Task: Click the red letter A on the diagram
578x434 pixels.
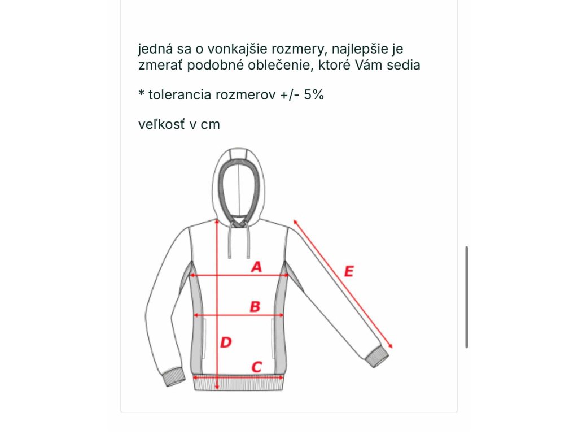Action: click(x=257, y=266)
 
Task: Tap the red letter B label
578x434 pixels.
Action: click(x=255, y=306)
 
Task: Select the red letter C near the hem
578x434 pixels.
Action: click(x=256, y=367)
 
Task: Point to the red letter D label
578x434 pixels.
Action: click(x=226, y=342)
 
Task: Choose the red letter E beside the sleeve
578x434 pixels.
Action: click(x=348, y=271)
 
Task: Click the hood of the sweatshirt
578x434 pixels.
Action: click(x=239, y=181)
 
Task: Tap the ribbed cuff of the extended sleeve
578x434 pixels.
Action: click(x=376, y=357)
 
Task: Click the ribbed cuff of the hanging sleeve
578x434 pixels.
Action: click(x=174, y=378)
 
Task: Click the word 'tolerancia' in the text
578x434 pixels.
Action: click(x=180, y=94)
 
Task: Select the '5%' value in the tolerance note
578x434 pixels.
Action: click(x=314, y=94)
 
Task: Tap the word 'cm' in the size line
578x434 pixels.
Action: click(x=210, y=124)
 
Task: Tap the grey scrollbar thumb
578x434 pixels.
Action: click(x=467, y=297)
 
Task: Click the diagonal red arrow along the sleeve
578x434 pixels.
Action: click(x=342, y=283)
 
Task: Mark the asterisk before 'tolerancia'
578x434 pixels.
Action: click(x=142, y=93)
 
